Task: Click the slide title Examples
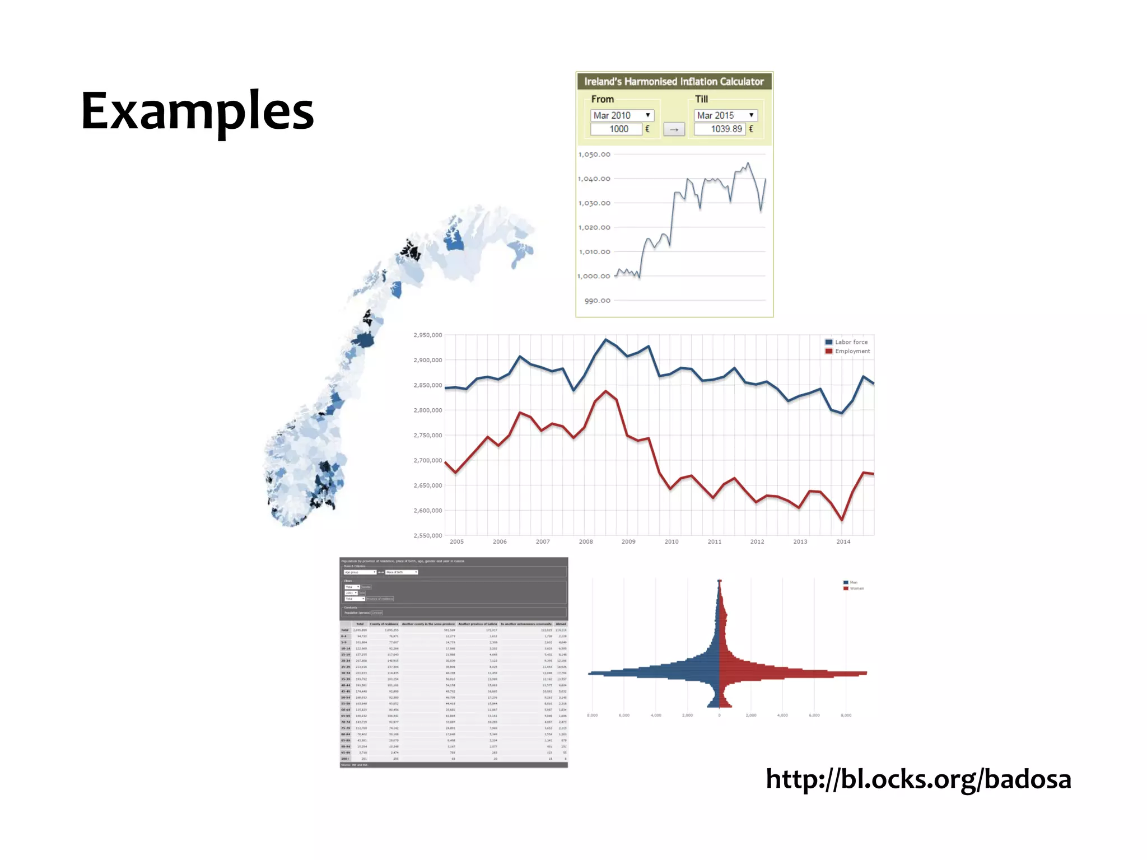[197, 112]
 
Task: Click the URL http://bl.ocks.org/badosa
[918, 779]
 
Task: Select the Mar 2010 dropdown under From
[622, 115]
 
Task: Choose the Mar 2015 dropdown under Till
[725, 115]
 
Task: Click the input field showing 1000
[616, 129]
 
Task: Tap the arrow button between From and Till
[674, 130]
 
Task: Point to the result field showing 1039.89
[720, 129]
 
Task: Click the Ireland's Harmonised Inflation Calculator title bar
[674, 82]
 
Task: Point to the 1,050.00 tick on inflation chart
[594, 155]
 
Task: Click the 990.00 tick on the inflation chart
[597, 301]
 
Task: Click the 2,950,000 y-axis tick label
[427, 335]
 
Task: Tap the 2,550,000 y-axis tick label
[427, 536]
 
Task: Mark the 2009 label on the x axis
[628, 542]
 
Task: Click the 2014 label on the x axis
[843, 542]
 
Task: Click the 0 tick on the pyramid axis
[719, 716]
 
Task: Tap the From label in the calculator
[602, 100]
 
